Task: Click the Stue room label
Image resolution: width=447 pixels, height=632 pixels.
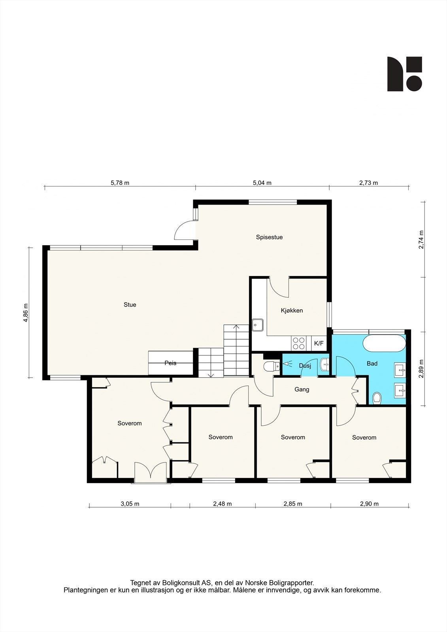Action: point(130,305)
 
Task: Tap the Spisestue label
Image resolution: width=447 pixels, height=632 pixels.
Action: point(269,237)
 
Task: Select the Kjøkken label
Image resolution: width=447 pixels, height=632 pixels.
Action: point(292,310)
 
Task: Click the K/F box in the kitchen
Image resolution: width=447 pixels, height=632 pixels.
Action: point(319,343)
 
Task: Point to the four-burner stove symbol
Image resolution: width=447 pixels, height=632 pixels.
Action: point(299,343)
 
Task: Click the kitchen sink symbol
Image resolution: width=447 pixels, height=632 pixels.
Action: point(258,325)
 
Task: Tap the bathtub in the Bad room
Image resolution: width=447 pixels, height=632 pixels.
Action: point(384,343)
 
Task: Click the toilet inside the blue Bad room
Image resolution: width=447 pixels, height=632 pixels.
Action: point(377,399)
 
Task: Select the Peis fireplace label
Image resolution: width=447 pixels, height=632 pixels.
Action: point(171,363)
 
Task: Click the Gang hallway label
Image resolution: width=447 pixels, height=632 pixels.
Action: point(302,389)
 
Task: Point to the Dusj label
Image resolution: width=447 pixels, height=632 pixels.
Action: point(305,366)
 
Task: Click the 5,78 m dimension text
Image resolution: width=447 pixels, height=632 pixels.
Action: point(120,183)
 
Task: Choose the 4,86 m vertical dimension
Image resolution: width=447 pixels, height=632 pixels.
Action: point(26,312)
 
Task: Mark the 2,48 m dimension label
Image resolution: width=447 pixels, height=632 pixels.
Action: point(223,504)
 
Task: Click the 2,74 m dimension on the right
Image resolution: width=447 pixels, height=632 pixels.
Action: point(421,240)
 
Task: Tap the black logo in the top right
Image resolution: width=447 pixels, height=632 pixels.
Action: point(404,74)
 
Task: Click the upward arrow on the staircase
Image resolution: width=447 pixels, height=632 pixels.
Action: point(236,327)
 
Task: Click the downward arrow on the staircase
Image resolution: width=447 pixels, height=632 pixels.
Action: point(211,375)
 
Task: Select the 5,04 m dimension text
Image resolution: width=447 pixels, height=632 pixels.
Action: point(262,183)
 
